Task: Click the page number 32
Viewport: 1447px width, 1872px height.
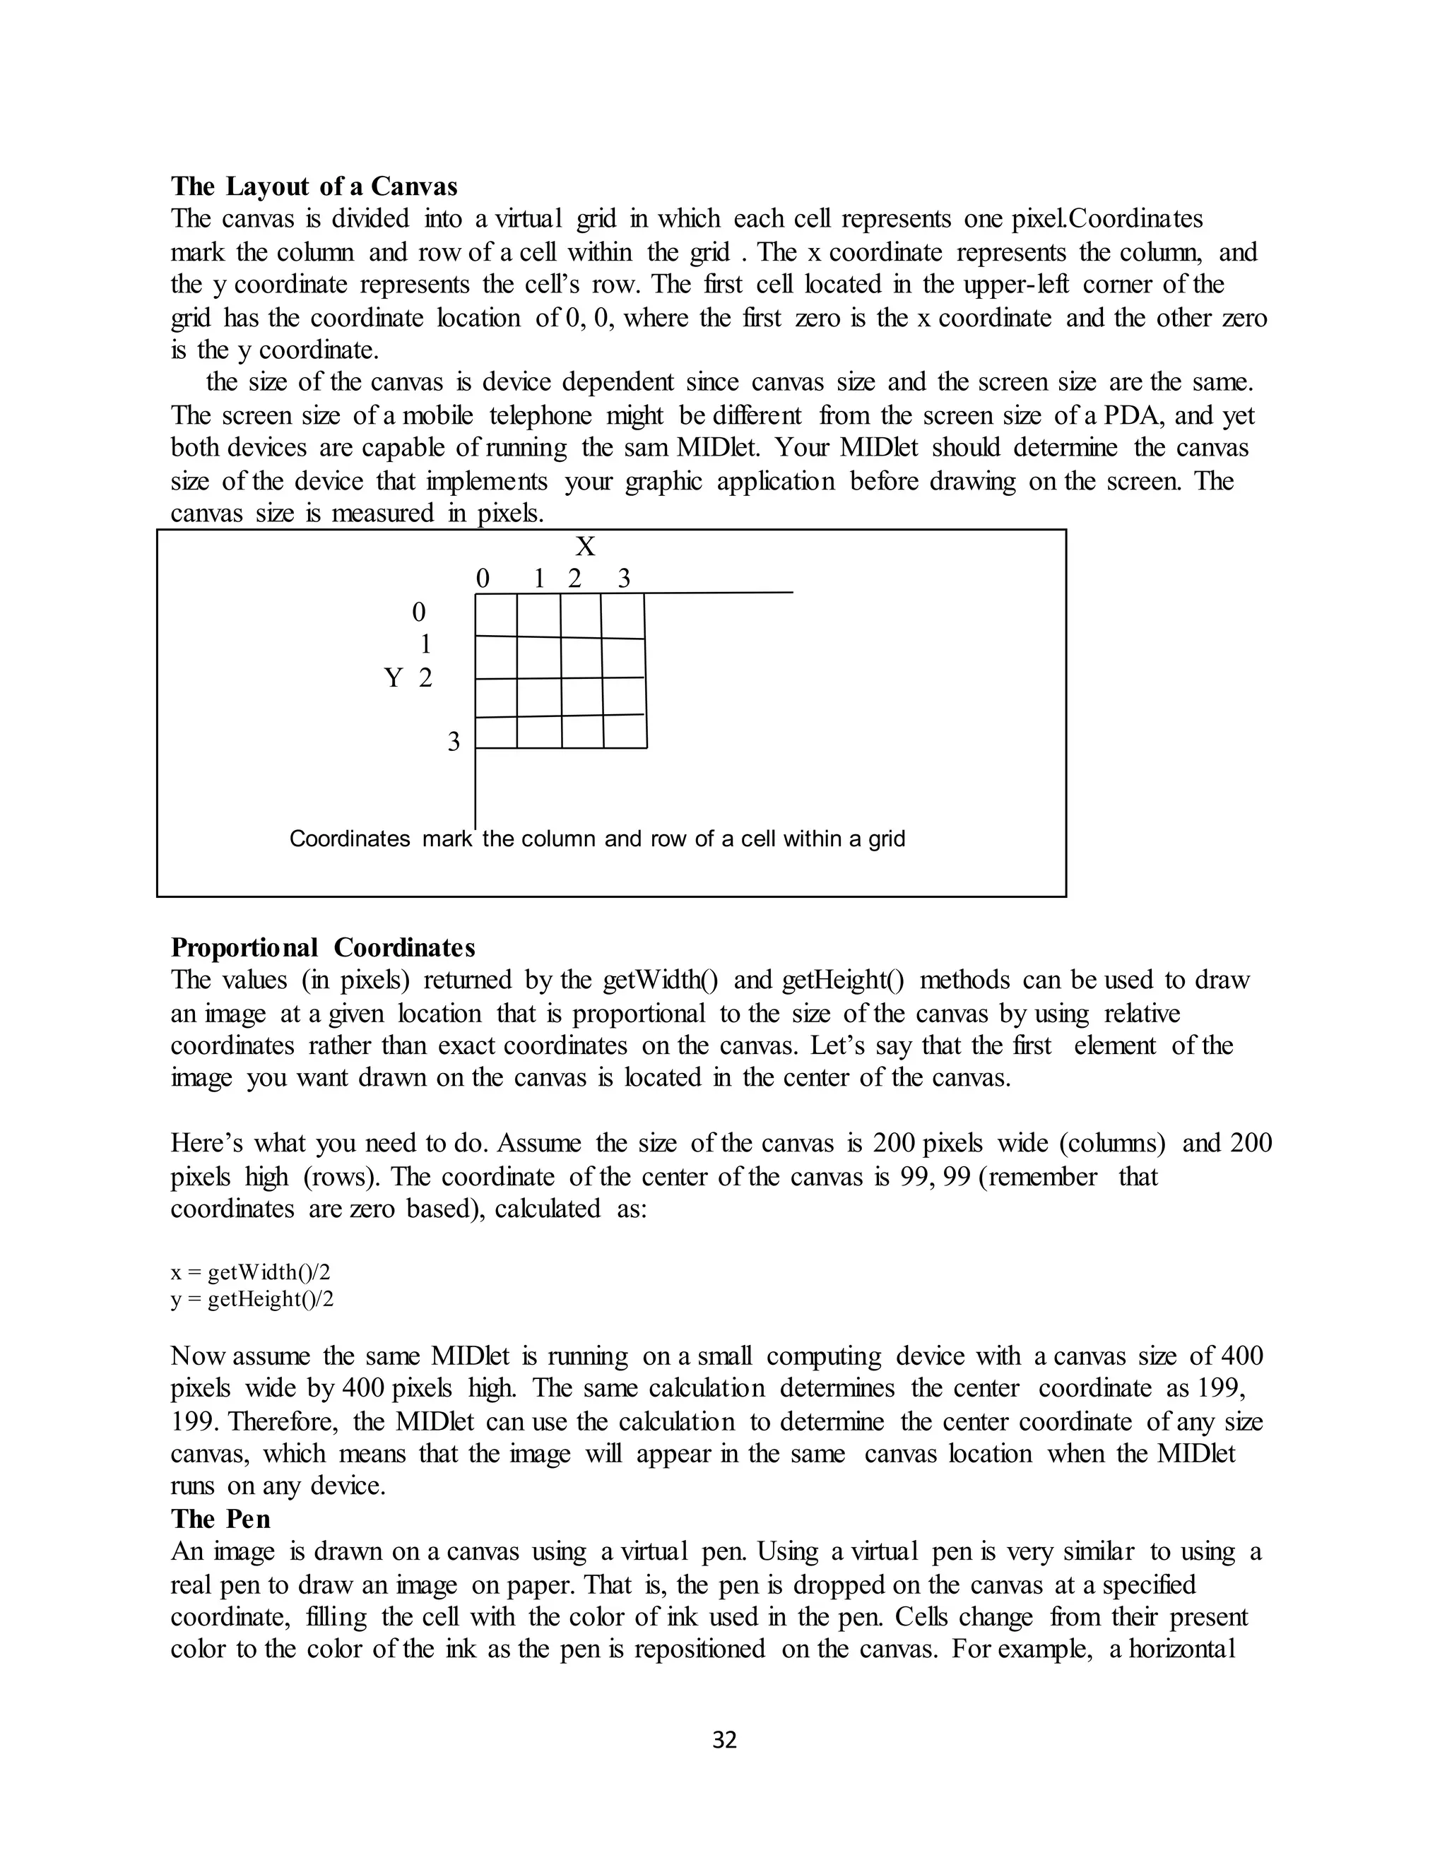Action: (x=724, y=1740)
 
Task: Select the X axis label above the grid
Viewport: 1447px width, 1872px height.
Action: (x=586, y=546)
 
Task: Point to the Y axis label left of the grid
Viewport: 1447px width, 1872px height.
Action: (x=394, y=678)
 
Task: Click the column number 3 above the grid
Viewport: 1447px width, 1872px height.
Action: (x=624, y=579)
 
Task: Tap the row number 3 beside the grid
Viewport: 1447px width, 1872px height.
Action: (x=454, y=742)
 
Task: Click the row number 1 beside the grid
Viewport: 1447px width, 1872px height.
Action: (x=425, y=644)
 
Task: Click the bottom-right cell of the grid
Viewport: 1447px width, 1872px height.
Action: (x=625, y=731)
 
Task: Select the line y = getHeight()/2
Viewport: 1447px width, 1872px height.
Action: (x=252, y=1299)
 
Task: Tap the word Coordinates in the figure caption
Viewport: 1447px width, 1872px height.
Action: (x=350, y=839)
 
